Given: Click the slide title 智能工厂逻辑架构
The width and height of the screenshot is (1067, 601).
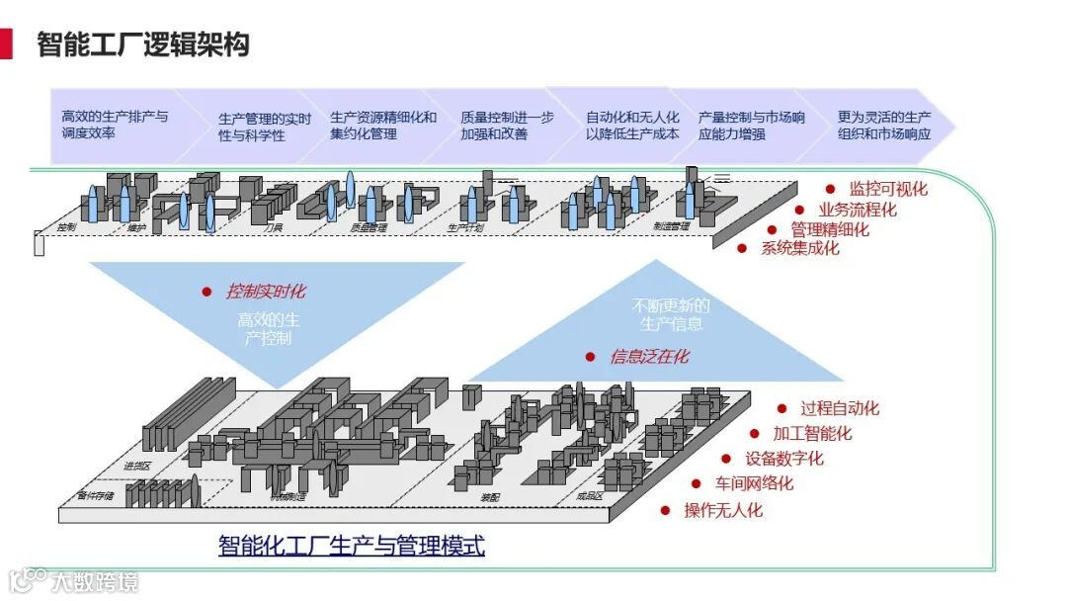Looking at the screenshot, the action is [x=143, y=44].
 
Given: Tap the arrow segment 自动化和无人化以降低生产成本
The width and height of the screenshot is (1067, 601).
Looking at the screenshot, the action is [x=632, y=126].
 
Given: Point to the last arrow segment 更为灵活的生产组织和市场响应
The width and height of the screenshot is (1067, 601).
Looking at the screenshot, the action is [x=883, y=126].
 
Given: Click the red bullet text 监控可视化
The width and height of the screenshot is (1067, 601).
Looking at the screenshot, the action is [x=888, y=189].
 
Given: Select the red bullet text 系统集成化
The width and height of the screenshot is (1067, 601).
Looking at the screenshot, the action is [x=799, y=248].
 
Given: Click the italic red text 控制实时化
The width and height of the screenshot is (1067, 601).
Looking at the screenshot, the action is [x=266, y=292].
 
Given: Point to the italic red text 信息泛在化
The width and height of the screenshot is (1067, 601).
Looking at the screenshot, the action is [x=649, y=357].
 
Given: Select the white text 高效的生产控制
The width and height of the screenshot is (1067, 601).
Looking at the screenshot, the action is [x=269, y=329].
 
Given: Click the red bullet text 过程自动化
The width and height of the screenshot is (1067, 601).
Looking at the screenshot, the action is [x=839, y=408].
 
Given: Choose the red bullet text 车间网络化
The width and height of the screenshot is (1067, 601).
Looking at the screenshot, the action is [x=754, y=484].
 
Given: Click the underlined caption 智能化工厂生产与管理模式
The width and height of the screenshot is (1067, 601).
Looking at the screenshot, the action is [x=351, y=546].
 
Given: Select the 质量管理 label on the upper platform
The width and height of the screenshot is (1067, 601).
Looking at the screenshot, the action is [x=369, y=227].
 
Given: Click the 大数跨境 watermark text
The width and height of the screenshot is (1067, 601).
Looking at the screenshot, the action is [x=95, y=581].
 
